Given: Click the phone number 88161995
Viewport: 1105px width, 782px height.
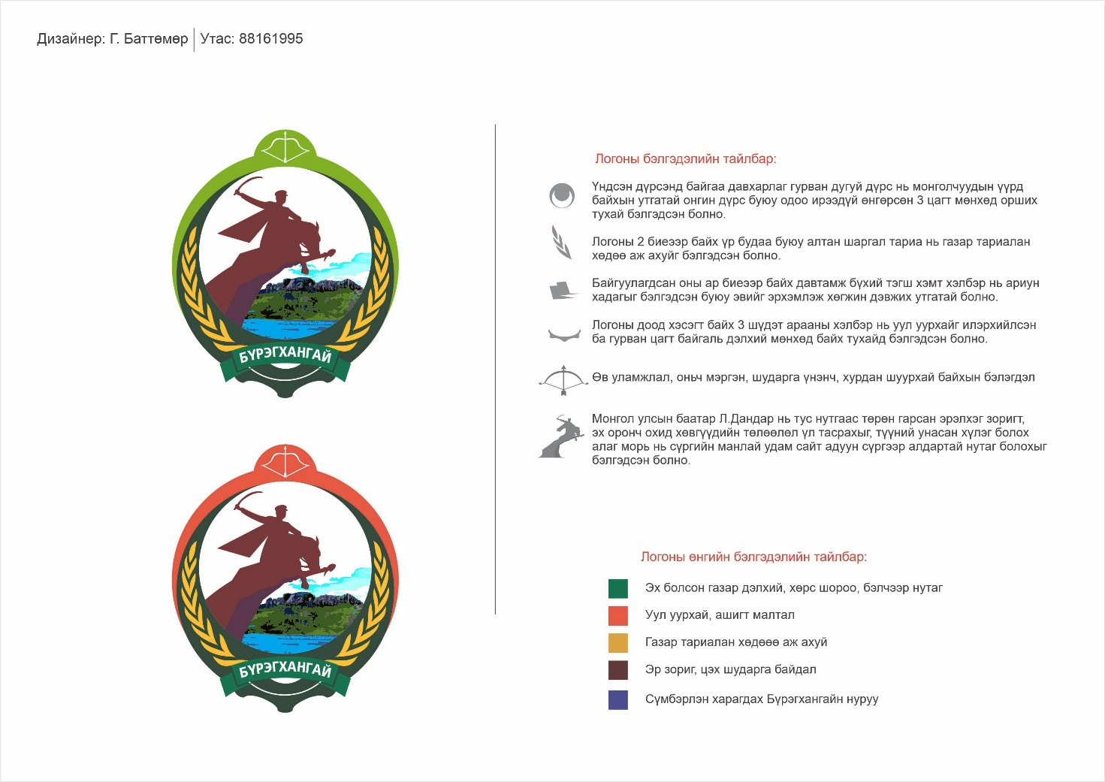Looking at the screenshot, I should (x=270, y=39).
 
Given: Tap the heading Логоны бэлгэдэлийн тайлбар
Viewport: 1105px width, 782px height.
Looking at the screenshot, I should (x=685, y=159).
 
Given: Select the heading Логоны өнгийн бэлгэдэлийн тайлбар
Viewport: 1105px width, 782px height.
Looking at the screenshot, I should (x=753, y=557).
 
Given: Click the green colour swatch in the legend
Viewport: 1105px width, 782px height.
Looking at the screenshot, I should (x=617, y=588).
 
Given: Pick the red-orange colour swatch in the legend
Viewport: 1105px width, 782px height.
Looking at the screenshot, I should (x=617, y=615).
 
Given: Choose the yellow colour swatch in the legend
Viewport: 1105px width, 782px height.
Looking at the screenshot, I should (x=617, y=642).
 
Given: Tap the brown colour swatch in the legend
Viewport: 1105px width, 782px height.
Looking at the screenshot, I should (x=617, y=669).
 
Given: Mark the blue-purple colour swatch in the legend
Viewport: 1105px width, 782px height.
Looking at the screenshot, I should (x=617, y=699).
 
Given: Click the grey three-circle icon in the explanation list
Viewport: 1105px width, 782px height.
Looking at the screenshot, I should (x=562, y=196).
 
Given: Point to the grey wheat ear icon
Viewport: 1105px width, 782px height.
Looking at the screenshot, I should (x=561, y=243).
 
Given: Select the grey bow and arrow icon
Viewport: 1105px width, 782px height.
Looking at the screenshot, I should (x=563, y=379).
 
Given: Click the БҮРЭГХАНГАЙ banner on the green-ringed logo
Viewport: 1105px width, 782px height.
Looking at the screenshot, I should (x=285, y=358).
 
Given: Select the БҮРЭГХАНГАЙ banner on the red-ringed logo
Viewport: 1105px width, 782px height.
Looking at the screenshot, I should (x=285, y=671).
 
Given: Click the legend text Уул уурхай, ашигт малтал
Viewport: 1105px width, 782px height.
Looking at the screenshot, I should (x=719, y=615).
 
